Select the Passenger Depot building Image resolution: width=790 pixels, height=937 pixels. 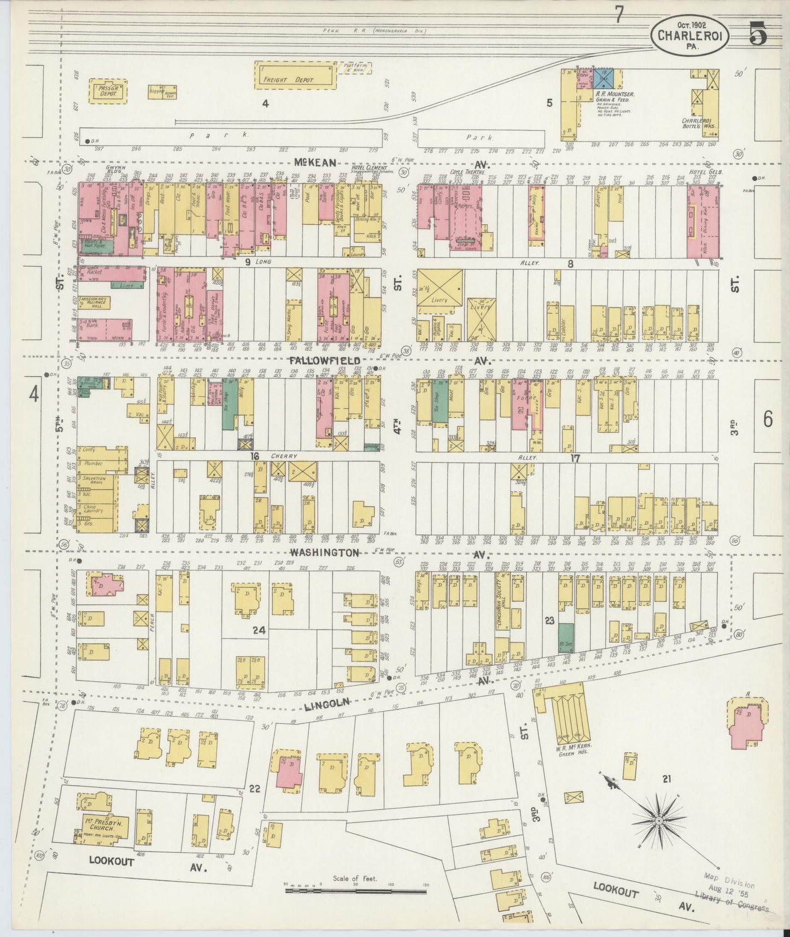pos(108,91)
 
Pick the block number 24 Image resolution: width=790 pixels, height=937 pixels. pos(258,630)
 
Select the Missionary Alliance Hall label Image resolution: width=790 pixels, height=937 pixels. pos(94,304)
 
